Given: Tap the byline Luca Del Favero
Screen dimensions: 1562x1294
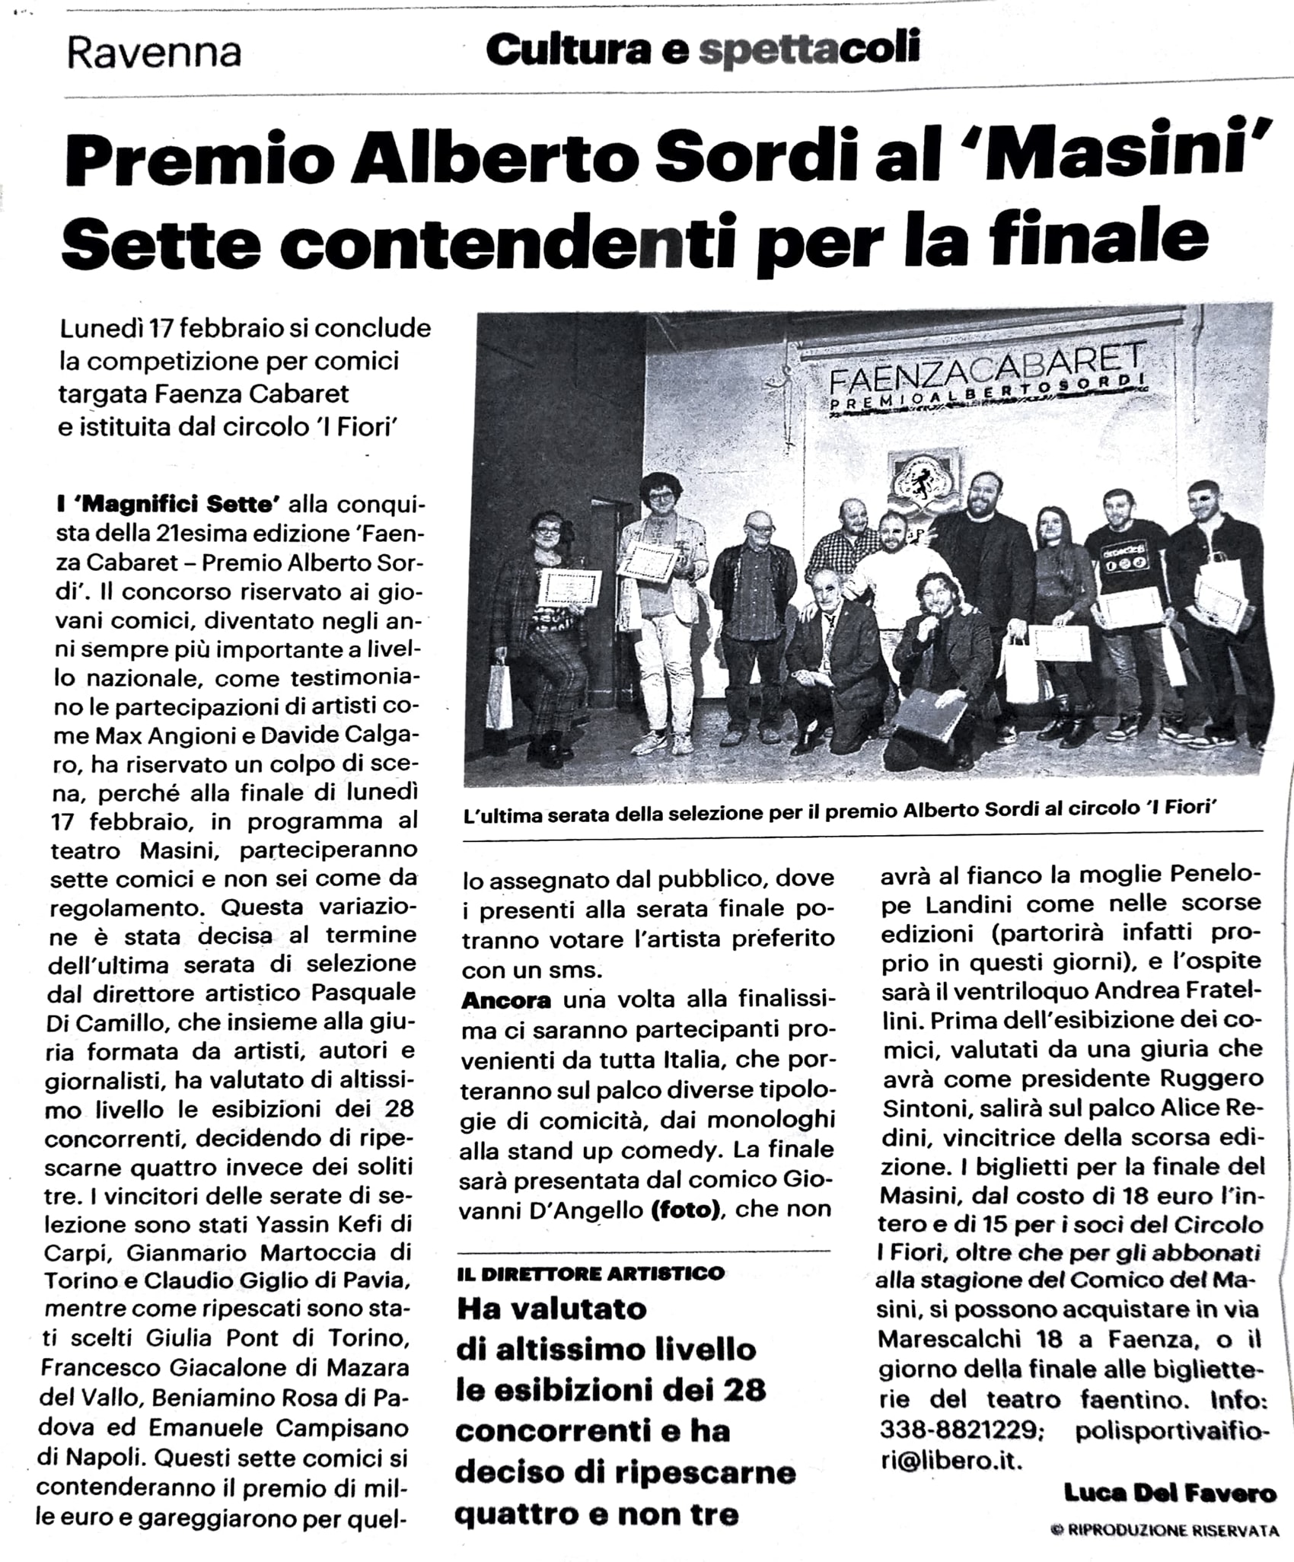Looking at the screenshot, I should click(1170, 1493).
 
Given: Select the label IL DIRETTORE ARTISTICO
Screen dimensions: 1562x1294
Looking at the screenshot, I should click(591, 1274).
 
